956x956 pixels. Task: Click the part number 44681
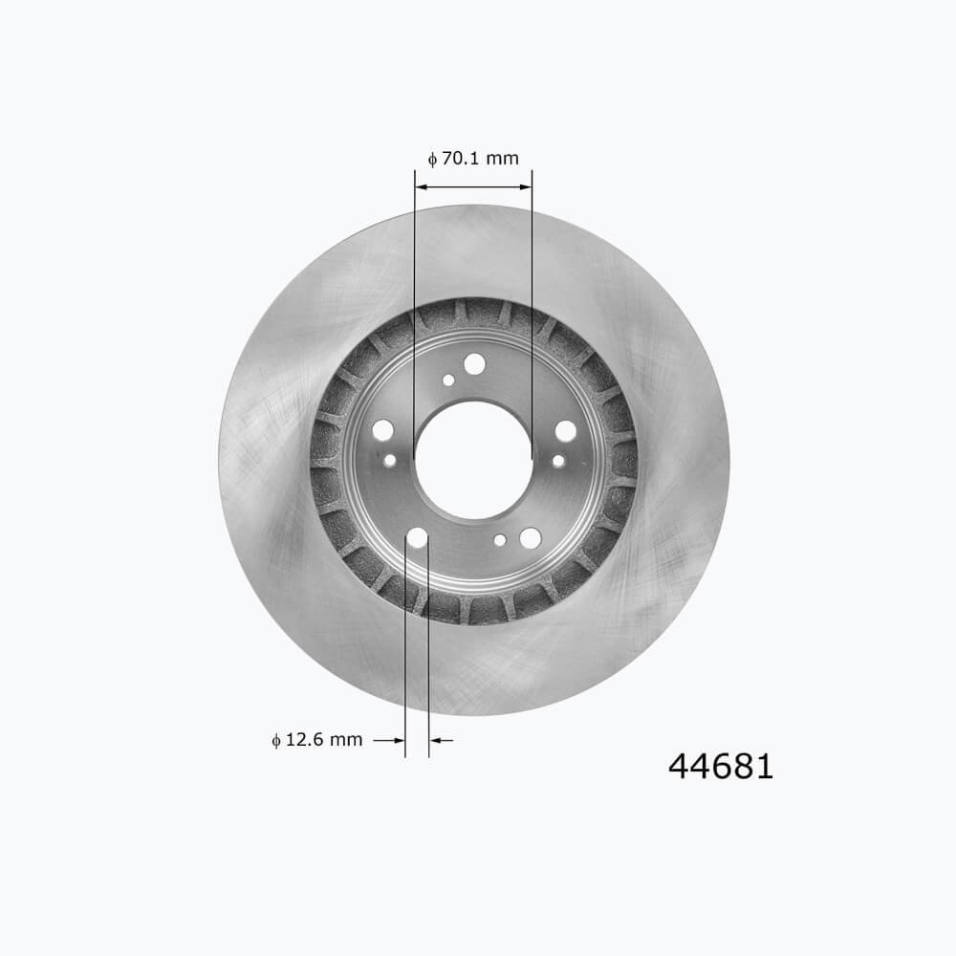720,766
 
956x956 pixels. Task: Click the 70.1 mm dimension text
480,158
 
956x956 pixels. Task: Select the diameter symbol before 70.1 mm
432,159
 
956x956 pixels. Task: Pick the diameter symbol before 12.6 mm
276,740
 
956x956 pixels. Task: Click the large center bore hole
473,460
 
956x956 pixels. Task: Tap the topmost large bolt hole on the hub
474,364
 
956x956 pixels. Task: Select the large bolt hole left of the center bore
382,429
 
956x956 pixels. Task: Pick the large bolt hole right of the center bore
566,431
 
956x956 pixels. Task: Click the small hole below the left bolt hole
389,460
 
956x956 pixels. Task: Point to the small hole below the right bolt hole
558,461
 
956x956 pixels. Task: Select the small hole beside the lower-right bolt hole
500,540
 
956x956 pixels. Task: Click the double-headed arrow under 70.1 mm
473,185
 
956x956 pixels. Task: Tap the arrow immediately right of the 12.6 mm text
385,740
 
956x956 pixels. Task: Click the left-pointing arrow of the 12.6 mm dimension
442,740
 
